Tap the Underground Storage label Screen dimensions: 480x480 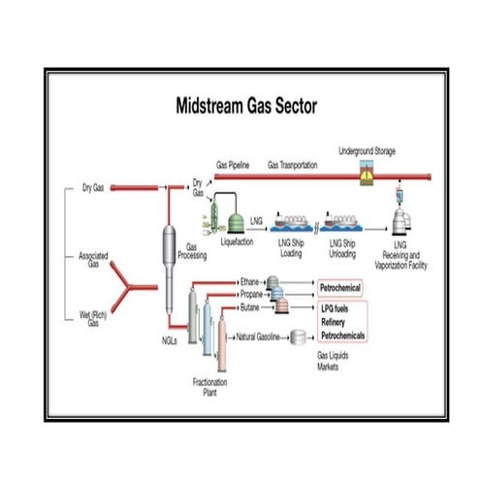[x=367, y=151]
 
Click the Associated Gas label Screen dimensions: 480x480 [x=93, y=259]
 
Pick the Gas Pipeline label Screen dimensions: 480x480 [x=234, y=166]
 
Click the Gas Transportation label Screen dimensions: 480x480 [x=292, y=166]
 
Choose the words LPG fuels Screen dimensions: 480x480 [x=340, y=307]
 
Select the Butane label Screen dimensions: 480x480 [x=249, y=306]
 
